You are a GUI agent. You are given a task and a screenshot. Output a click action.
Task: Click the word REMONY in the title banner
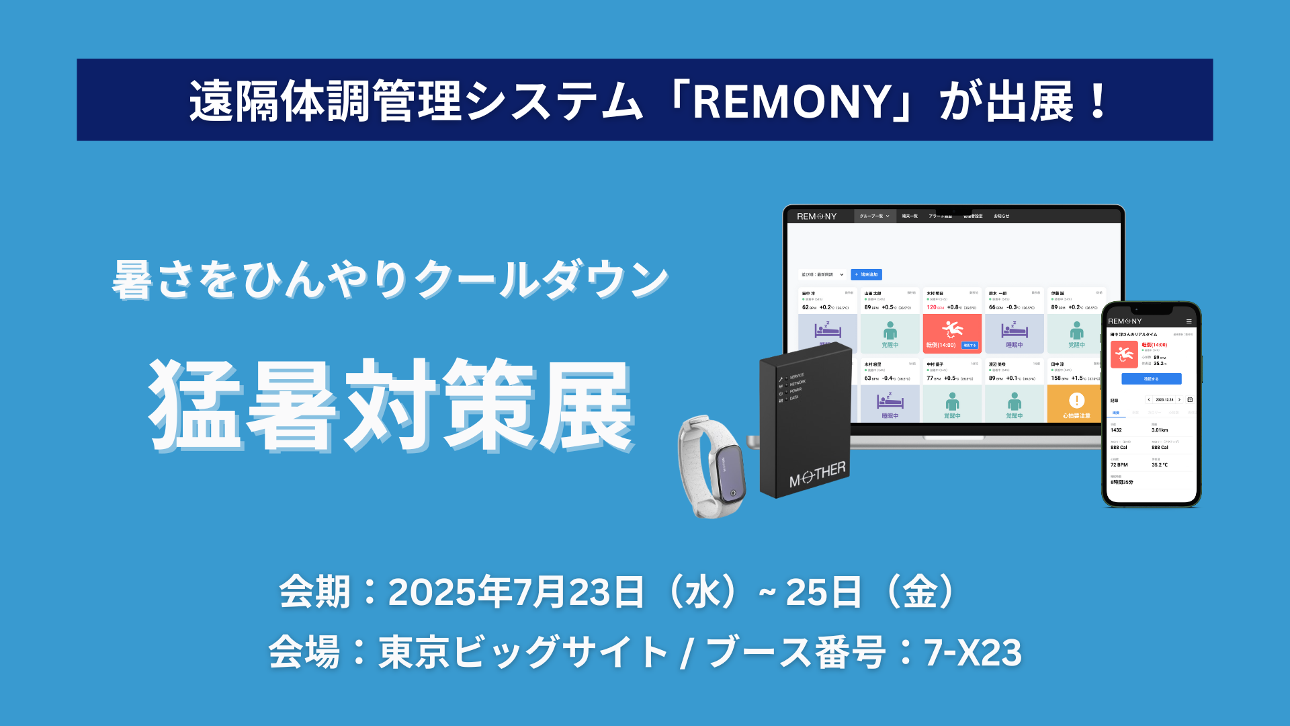click(792, 102)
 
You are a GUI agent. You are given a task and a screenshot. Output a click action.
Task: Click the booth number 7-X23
click(973, 653)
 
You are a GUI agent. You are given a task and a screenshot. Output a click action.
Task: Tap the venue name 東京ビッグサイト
click(523, 653)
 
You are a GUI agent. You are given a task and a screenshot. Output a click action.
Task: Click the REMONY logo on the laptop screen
click(816, 216)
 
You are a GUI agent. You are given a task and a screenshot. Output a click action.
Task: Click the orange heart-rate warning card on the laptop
click(1076, 404)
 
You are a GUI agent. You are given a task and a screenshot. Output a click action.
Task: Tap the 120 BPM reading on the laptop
click(931, 307)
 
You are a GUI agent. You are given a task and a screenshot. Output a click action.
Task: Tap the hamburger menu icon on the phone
click(1189, 321)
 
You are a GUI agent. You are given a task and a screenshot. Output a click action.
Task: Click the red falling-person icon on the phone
click(1123, 354)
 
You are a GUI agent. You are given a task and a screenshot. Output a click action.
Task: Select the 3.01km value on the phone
click(1160, 430)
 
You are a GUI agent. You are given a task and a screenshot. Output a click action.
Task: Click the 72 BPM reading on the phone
click(1119, 465)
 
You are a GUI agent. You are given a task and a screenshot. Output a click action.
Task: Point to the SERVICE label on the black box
click(797, 376)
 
